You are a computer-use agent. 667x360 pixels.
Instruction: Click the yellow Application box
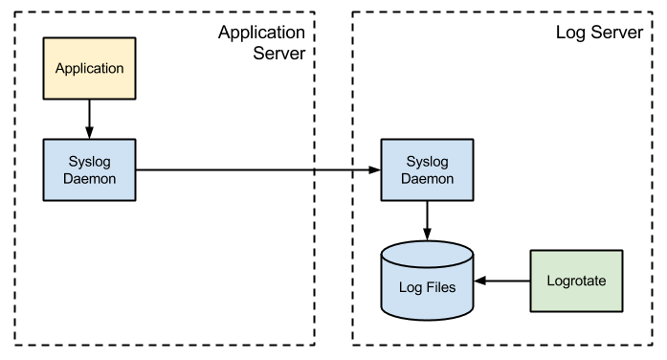pos(89,68)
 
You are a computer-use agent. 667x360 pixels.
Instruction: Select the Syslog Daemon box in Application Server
pos(89,169)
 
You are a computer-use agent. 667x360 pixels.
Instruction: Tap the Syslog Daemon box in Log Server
pos(426,169)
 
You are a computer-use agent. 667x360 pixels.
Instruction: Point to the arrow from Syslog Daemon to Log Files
pos(426,219)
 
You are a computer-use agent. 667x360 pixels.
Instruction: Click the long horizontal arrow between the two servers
pos(258,170)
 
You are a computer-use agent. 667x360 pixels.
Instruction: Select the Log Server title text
pos(600,32)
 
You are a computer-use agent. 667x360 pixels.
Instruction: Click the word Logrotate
pos(576,281)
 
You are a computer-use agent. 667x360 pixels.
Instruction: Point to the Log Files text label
pos(426,286)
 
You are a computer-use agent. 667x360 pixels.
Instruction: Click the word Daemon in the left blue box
pos(89,178)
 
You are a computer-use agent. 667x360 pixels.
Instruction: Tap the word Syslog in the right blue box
pos(426,160)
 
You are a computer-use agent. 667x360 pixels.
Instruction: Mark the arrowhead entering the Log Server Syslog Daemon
pos(374,170)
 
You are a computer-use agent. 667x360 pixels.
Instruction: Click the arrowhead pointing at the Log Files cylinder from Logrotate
pos(481,281)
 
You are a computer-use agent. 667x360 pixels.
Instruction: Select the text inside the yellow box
pos(89,68)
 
